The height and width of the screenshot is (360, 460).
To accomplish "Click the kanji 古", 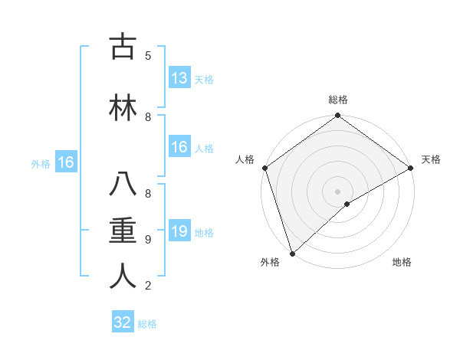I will (123, 47).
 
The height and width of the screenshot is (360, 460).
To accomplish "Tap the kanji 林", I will (123, 108).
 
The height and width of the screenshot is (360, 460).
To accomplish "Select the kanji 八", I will (123, 185).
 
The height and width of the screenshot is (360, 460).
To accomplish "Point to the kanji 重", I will (123, 231).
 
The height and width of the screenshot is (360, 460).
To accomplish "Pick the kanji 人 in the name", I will (123, 277).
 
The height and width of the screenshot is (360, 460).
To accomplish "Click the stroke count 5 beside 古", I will (148, 56).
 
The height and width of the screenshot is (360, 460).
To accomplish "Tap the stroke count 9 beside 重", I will (148, 240).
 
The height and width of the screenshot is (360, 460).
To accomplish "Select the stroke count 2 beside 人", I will (148, 286).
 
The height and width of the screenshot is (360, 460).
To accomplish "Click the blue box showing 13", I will (179, 78).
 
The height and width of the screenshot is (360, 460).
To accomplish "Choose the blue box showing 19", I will (179, 231).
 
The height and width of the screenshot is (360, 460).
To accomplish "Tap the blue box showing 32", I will (123, 322).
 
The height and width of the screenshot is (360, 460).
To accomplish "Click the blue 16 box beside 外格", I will (65, 162).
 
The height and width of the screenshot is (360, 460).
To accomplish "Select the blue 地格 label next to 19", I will (204, 233).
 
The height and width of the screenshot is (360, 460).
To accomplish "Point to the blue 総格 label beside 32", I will (147, 324).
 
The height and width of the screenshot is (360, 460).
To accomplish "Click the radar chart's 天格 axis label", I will (431, 159).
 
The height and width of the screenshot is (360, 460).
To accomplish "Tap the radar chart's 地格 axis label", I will (402, 263).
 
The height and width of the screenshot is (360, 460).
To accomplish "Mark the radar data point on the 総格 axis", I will (337, 116).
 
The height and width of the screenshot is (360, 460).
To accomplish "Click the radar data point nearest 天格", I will (410, 168).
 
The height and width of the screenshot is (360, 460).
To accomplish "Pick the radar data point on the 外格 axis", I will (292, 253).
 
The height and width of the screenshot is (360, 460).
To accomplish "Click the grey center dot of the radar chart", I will (337, 191).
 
